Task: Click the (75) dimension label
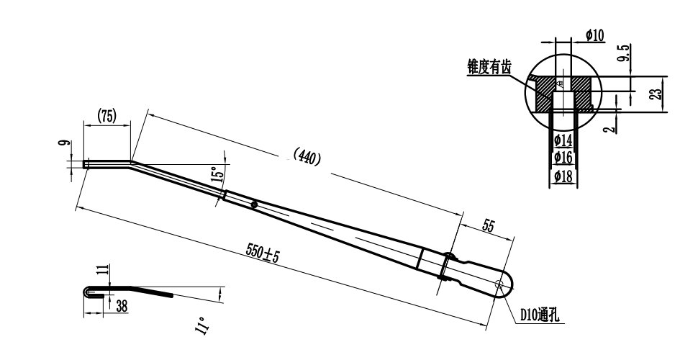pyautogui.click(x=107, y=117)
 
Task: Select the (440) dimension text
pyautogui.click(x=307, y=156)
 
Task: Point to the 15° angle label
pyautogui.click(x=214, y=173)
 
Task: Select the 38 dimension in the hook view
pyautogui.click(x=122, y=305)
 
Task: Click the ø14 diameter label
pyautogui.click(x=563, y=140)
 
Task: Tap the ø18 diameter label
pyautogui.click(x=563, y=176)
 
